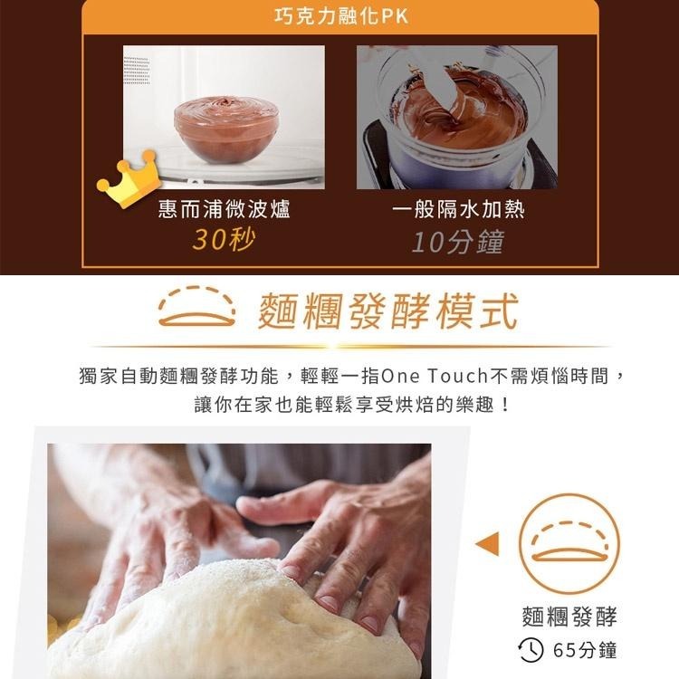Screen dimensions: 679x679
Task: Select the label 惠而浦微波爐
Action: coord(225,210)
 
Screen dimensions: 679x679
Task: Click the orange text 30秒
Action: coord(225,241)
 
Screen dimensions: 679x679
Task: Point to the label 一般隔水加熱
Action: coord(458,210)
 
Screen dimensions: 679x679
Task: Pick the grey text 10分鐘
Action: coord(457,242)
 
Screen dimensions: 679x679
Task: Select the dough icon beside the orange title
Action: coord(196,309)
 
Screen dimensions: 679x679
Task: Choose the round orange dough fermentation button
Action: coord(569,543)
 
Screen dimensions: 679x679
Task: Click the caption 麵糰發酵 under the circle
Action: coord(569,617)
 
